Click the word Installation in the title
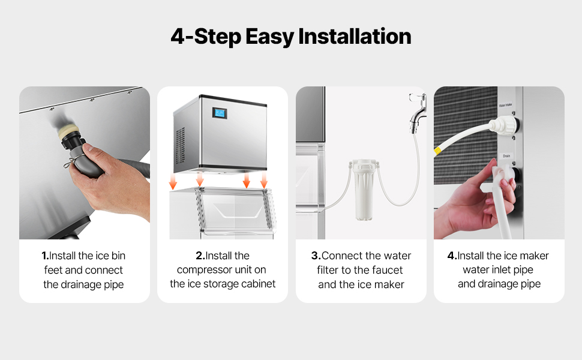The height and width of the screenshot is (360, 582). tap(355, 37)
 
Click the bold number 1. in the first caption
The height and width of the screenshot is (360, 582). tap(45, 256)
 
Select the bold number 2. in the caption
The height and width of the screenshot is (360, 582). tap(200, 256)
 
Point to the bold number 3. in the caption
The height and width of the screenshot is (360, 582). tap(316, 256)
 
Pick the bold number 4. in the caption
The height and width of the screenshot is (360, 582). tap(452, 256)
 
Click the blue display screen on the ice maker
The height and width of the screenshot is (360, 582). tap(220, 113)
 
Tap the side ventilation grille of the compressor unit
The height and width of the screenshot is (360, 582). tap(180, 145)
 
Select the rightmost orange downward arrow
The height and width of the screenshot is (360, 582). tap(264, 179)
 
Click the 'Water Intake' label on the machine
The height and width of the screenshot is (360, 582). tap(505, 105)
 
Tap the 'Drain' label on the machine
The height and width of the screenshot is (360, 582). tap(506, 156)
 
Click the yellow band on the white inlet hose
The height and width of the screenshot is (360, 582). tap(437, 151)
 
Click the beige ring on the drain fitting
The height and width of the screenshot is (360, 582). tap(68, 130)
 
